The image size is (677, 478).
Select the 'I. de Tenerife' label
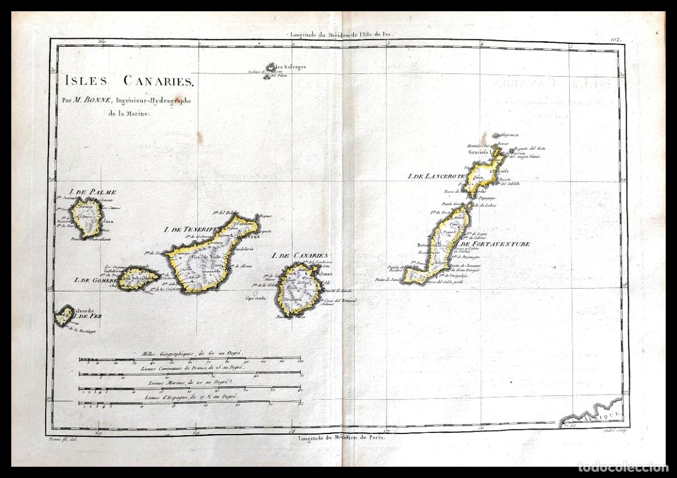(190, 229)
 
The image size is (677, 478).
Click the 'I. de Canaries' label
(300, 255)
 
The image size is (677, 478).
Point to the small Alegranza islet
(496, 135)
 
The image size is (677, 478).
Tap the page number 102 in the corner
(615, 39)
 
